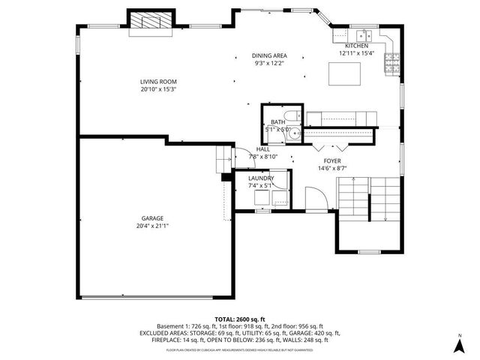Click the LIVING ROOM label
coord(158,82)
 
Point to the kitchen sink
coord(364,34)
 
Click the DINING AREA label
coord(269,55)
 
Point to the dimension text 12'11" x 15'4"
coord(356,53)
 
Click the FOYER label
coord(332,161)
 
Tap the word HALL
coord(262,149)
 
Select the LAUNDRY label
coord(261,178)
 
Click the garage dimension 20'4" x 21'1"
coord(152,225)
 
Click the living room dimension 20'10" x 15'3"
coord(158,89)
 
